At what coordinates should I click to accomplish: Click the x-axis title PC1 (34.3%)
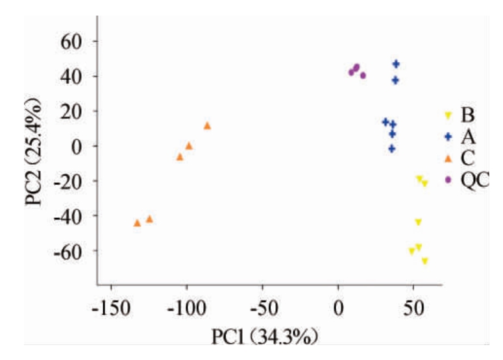[264, 339]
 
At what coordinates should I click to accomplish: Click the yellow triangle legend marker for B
[448, 115]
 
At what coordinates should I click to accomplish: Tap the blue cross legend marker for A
[448, 136]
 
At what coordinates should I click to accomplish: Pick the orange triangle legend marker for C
[448, 158]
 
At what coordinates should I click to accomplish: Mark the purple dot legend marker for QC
[448, 179]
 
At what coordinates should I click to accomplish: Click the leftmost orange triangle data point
[137, 222]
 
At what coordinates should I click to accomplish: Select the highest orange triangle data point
[207, 125]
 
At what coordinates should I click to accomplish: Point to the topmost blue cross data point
[396, 64]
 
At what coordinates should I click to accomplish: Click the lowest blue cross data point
[391, 149]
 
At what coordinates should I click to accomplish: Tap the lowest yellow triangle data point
[424, 261]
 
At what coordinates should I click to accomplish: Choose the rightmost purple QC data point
[363, 75]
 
